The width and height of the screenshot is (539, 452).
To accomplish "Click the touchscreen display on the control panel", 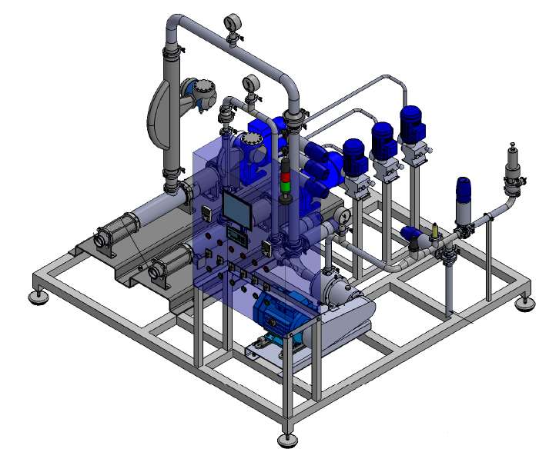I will pos(237,208).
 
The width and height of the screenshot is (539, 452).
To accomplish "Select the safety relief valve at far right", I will pos(510,165).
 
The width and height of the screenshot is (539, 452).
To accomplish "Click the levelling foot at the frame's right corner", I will pos(527,304).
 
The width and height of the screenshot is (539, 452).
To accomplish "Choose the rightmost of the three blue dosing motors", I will pos(411,123).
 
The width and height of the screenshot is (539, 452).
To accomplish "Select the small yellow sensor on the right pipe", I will pos(435,229).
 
